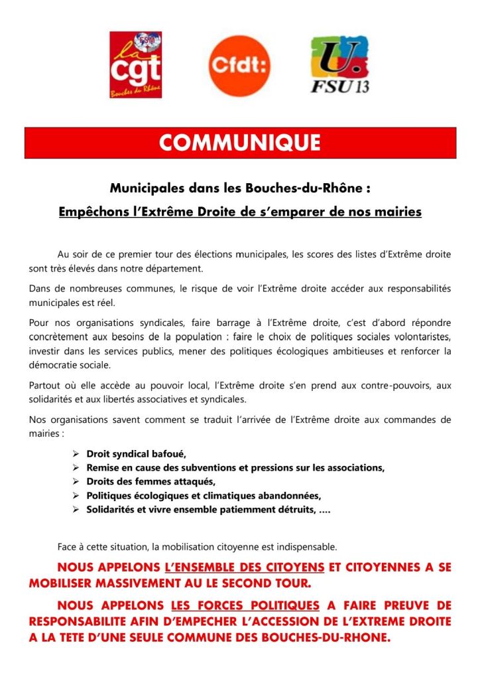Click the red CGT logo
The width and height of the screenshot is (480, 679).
coord(135,64)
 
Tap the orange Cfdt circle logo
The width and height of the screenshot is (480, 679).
coord(239,64)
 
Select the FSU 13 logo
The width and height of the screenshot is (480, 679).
coord(340,64)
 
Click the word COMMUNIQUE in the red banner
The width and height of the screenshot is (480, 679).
coord(240,143)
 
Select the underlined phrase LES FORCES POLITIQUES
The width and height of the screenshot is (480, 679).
coord(245,606)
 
